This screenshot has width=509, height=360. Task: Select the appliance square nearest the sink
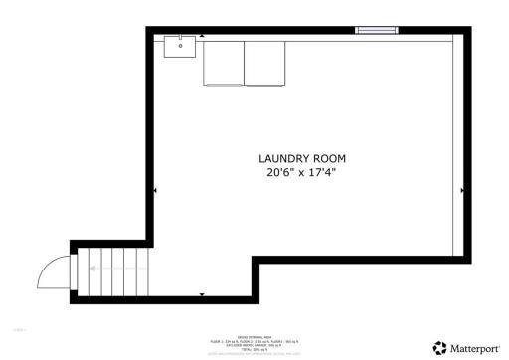pos(224,63)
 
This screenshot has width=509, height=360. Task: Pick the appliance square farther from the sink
pos(265,63)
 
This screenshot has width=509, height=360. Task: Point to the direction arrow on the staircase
pos(93,268)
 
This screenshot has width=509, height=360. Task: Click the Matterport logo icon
pos(440,347)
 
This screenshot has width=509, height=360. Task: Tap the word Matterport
pos(475,348)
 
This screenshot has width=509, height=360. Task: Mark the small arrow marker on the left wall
pos(154,190)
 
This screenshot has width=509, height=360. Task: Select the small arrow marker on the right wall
pos(462,190)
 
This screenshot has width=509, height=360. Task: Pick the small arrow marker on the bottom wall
pos(203,295)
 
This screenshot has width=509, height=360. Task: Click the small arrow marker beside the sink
pos(203,36)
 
